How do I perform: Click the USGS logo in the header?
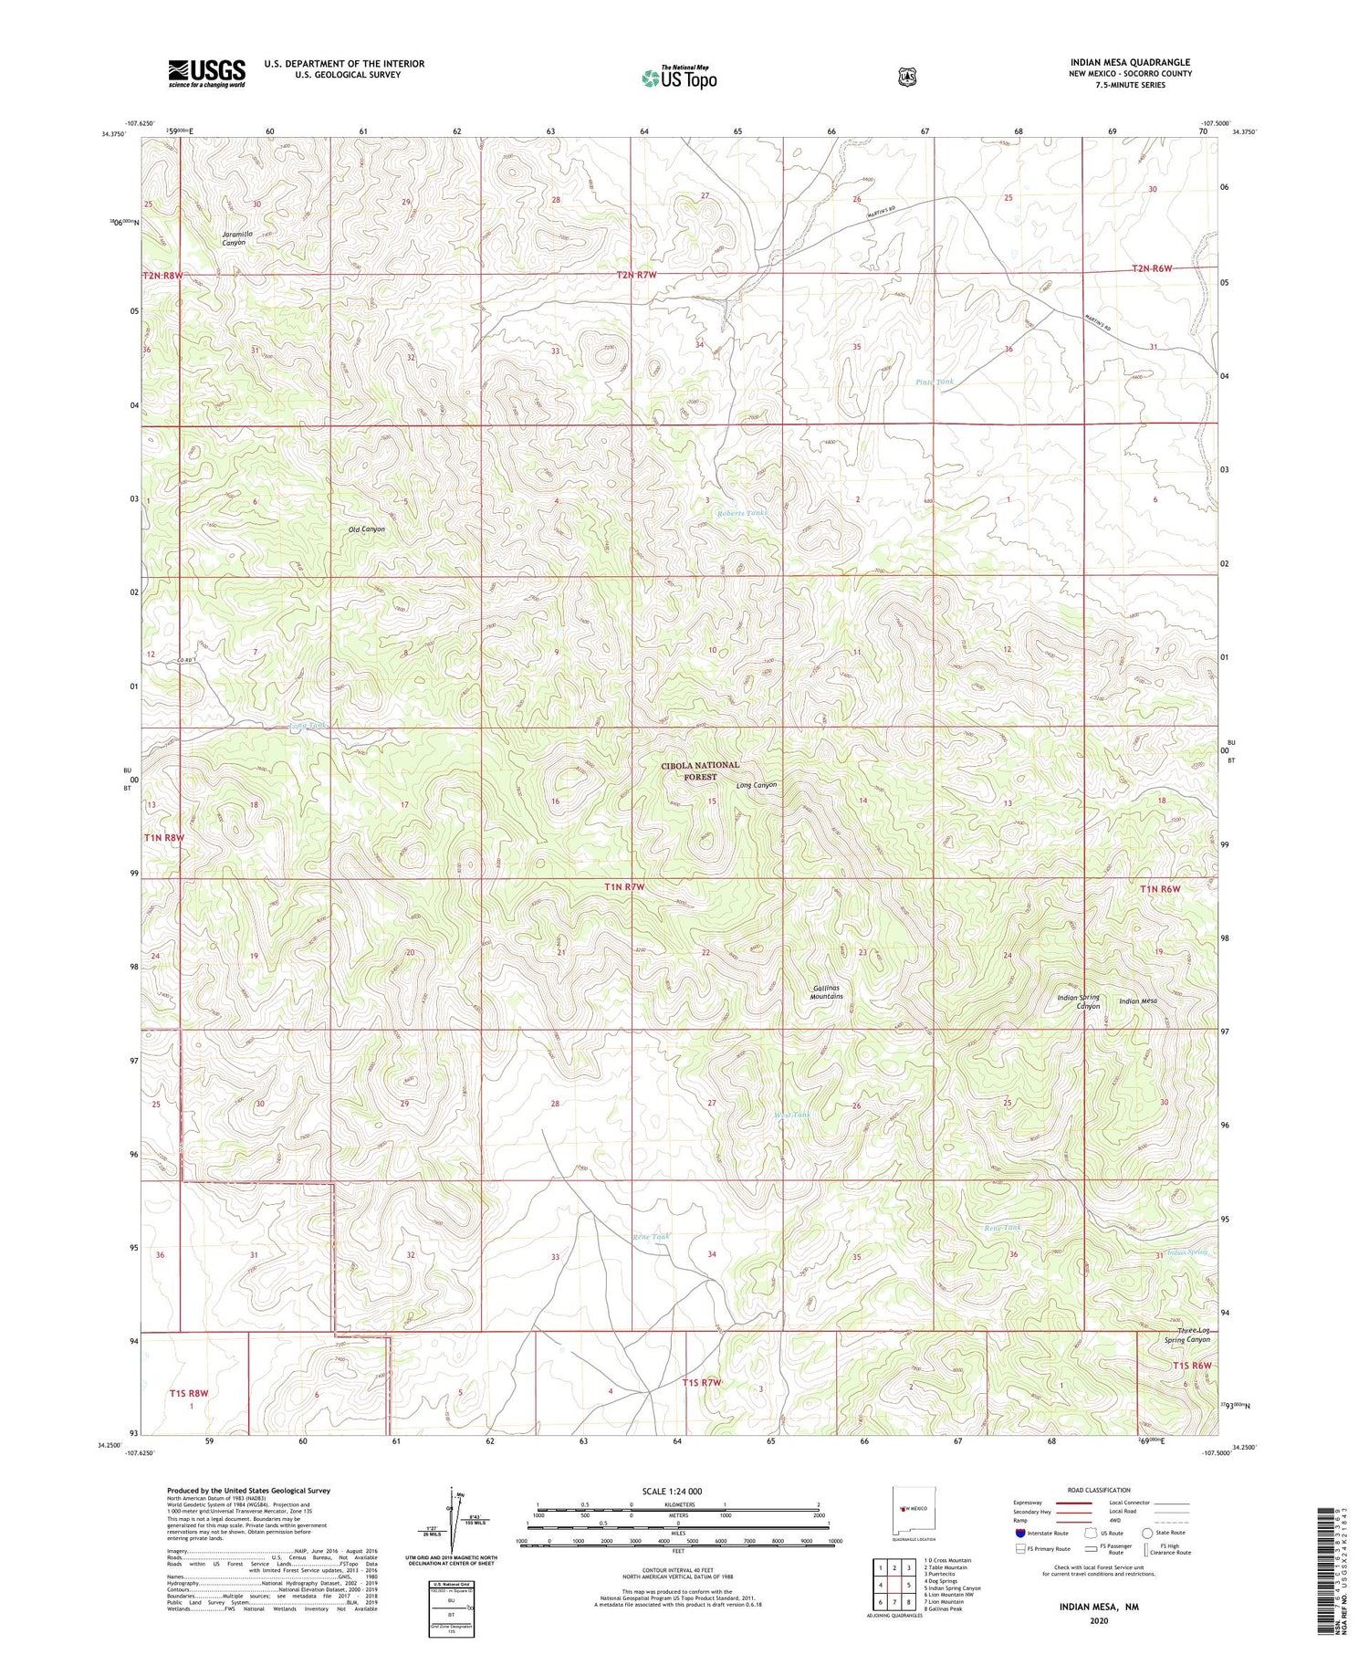(206, 73)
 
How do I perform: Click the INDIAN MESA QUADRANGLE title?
(1130, 62)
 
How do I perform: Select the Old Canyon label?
(366, 529)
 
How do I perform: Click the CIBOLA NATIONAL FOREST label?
(700, 770)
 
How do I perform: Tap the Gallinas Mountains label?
(827, 992)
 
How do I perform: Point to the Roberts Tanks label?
(741, 513)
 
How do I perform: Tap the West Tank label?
(791, 1115)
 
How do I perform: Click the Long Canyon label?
(757, 785)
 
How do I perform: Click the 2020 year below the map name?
(1098, 1620)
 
